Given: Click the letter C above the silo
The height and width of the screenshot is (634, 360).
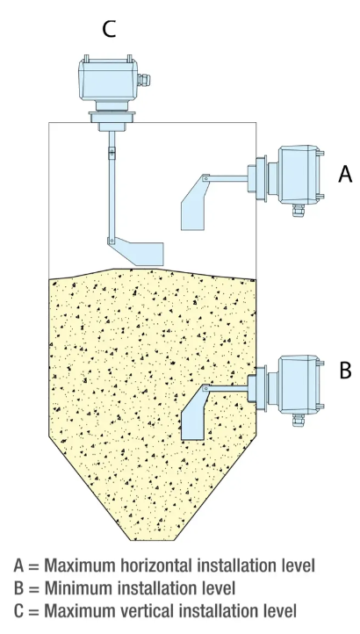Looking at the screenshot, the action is point(109,29).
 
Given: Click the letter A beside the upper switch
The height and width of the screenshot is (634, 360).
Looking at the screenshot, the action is point(345,174).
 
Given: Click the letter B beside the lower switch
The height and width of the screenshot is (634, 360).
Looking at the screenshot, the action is point(345,371).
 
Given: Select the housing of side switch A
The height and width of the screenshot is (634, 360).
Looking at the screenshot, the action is point(299,175).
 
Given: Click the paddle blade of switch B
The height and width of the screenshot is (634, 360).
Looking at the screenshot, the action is point(194,414).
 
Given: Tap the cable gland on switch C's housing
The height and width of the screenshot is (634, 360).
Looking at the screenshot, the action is point(144,80).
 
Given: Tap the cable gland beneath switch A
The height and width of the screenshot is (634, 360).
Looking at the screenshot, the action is point(299,210).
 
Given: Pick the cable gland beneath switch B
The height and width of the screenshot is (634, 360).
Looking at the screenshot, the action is point(299,420).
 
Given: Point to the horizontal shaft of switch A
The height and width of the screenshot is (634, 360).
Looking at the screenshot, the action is point(227,178).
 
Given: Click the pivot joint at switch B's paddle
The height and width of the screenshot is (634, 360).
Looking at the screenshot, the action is point(205,388).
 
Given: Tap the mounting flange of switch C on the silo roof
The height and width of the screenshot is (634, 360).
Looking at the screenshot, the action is point(108,118).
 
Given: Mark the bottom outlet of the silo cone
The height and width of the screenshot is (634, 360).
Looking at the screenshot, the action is point(154,539).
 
